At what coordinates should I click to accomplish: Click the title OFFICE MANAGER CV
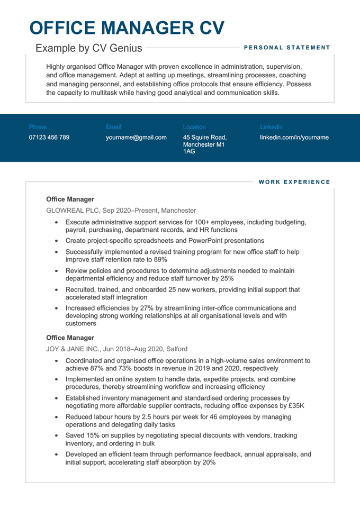pyautogui.click(x=127, y=28)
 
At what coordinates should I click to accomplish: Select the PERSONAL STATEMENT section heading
pyautogui.click(x=287, y=48)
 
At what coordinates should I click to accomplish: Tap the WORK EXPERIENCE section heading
pyautogui.click(x=294, y=182)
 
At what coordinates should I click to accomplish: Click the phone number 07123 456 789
pyautogui.click(x=49, y=138)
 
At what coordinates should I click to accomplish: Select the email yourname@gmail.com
pyautogui.click(x=136, y=138)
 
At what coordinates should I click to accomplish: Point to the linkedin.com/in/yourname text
pyautogui.click(x=294, y=138)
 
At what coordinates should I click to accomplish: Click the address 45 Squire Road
pyautogui.click(x=204, y=138)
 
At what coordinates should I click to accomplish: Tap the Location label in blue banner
pyautogui.click(x=194, y=127)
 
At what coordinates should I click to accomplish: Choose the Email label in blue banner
pyautogui.click(x=113, y=127)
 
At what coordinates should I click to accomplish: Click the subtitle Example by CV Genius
pyautogui.click(x=89, y=48)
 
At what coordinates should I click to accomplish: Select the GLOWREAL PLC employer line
pyautogui.click(x=121, y=210)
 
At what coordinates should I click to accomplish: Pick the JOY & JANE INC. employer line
pyautogui.click(x=116, y=349)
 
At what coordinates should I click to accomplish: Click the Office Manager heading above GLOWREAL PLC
pyautogui.click(x=70, y=199)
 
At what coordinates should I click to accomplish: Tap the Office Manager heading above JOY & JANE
pyautogui.click(x=70, y=338)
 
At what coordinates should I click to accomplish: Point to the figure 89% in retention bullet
pyautogui.click(x=160, y=260)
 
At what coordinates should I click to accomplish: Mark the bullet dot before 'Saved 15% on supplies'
pyautogui.click(x=57, y=435)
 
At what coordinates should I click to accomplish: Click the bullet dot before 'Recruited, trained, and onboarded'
pyautogui.click(x=57, y=290)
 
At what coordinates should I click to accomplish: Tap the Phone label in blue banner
pyautogui.click(x=38, y=127)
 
